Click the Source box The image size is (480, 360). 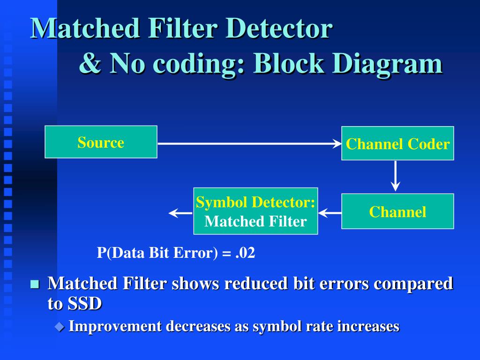[101, 142]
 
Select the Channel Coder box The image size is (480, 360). [397, 143]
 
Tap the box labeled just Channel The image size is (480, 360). [397, 211]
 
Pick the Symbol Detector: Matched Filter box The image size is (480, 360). [255, 211]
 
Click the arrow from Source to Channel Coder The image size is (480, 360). [248, 143]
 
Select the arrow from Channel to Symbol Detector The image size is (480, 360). [330, 213]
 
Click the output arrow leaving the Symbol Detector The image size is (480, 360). [180, 213]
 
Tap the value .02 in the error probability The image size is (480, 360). [245, 253]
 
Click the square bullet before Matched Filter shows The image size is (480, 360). [34, 284]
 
